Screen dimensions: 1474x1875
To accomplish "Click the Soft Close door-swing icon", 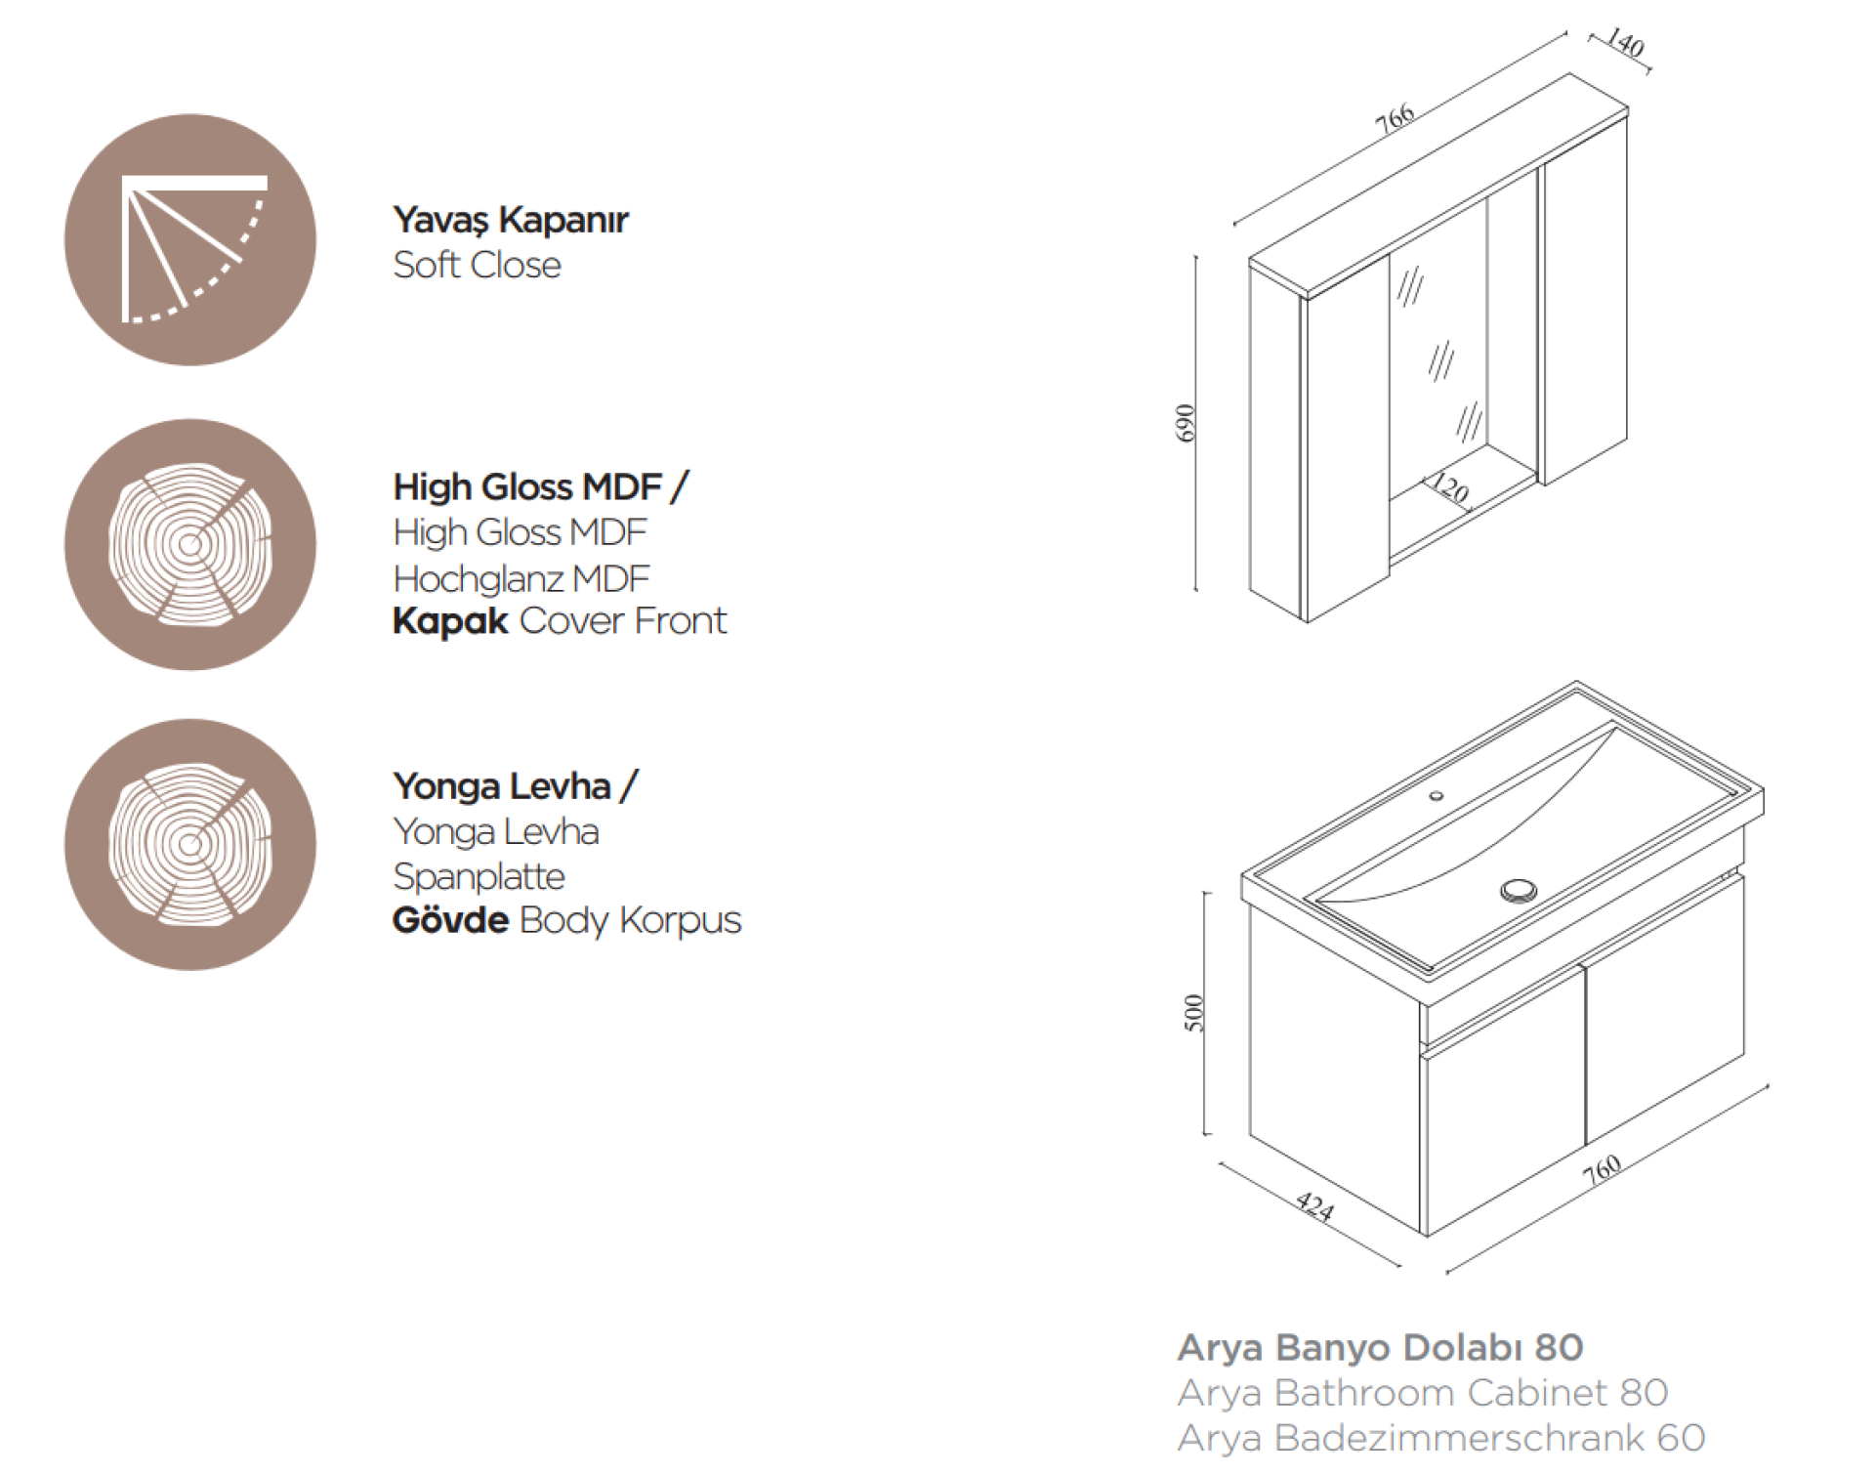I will pyautogui.click(x=190, y=240).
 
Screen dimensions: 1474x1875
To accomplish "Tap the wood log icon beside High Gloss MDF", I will pyautogui.click(x=190, y=544).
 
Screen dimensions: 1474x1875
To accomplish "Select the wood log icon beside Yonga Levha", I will pyautogui.click(x=190, y=845).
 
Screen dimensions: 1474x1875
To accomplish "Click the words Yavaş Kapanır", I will pyautogui.click(x=510, y=221).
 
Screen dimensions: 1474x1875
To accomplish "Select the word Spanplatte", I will pyautogui.click(x=479, y=877).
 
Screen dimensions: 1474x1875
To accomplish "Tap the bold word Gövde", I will pyautogui.click(x=450, y=920).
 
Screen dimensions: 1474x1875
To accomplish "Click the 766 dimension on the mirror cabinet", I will pyautogui.click(x=1395, y=118).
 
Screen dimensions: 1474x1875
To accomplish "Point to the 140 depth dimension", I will pyautogui.click(x=1625, y=44).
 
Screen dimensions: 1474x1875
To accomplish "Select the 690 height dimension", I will pyautogui.click(x=1185, y=423).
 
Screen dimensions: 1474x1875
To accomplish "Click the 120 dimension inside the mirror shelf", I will pyautogui.click(x=1449, y=488).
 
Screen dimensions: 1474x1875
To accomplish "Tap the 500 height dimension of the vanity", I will pyautogui.click(x=1193, y=1013).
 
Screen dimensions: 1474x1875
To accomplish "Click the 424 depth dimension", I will pyautogui.click(x=1315, y=1208).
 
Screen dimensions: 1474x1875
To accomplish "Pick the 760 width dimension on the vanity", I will pyautogui.click(x=1603, y=1168).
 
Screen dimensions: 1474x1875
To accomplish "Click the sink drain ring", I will pyautogui.click(x=1519, y=890).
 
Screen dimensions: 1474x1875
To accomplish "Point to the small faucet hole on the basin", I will pyautogui.click(x=1437, y=796).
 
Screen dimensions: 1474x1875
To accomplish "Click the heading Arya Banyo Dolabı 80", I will pyautogui.click(x=1380, y=1348).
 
